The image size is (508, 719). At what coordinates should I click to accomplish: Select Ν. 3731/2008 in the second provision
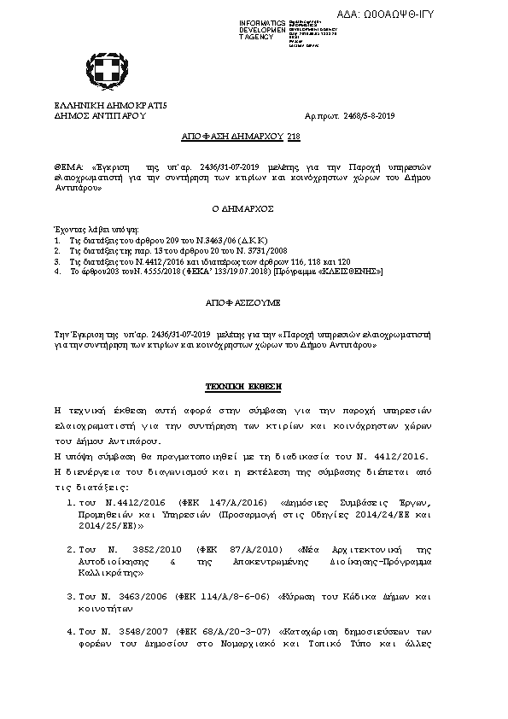pos(226,252)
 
